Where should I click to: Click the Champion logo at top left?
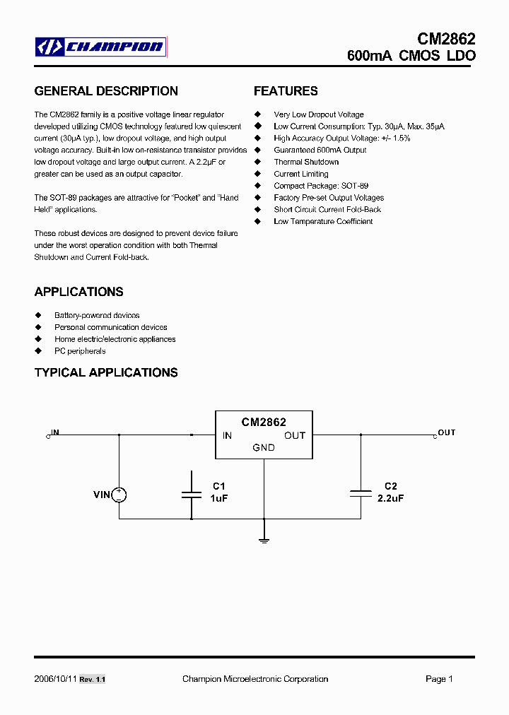[101, 47]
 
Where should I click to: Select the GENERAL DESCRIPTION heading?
[106, 91]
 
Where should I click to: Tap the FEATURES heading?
[286, 91]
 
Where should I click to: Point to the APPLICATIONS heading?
[78, 292]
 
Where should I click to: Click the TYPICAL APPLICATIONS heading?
[106, 372]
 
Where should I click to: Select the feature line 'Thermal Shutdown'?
[306, 162]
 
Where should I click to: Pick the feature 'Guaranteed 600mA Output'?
[320, 150]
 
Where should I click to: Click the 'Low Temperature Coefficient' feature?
[323, 222]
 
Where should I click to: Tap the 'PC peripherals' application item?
[80, 351]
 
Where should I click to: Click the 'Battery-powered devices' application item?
[97, 315]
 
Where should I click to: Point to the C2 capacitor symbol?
[361, 494]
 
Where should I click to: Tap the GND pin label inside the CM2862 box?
[264, 448]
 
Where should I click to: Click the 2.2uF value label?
[391, 498]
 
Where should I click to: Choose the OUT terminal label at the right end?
[447, 432]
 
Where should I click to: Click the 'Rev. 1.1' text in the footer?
[92, 680]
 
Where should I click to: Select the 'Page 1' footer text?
[439, 679]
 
